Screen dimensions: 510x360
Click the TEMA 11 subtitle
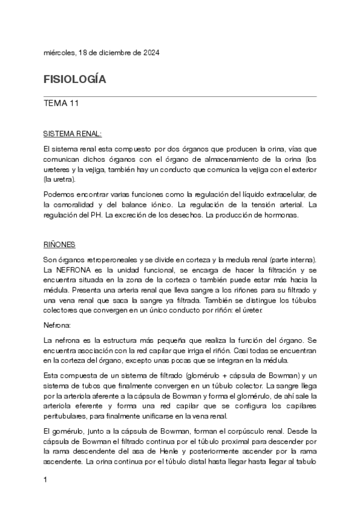(61, 103)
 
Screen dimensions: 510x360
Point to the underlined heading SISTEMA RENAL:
(73, 133)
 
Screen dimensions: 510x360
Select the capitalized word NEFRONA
(70, 269)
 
